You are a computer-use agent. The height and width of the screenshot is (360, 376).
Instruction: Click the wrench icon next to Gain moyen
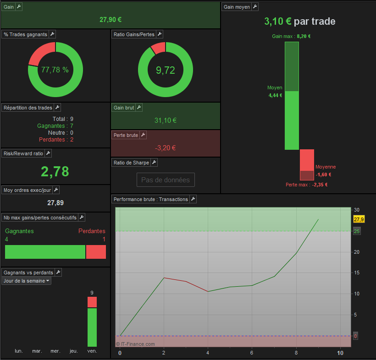click(255, 7)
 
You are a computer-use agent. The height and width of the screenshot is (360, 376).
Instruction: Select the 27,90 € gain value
click(111, 20)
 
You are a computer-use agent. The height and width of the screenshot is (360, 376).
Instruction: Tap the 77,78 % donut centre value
click(55, 70)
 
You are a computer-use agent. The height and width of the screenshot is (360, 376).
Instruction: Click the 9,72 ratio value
click(166, 70)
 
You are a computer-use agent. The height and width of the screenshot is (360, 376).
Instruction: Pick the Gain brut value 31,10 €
click(166, 120)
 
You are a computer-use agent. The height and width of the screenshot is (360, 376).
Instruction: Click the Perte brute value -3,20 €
click(165, 148)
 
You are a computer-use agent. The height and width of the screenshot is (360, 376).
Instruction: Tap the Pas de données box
click(166, 180)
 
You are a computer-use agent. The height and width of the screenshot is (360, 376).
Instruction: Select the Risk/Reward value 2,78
click(55, 171)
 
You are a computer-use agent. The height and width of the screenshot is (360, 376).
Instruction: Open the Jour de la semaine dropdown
click(27, 281)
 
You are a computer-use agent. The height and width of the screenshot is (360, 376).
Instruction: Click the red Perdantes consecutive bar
click(96, 252)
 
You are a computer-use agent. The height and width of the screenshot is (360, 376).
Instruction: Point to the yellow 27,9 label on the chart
click(359, 219)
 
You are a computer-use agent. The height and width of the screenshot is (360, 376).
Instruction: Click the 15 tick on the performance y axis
click(357, 273)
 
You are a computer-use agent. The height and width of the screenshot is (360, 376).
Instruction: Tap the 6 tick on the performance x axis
click(252, 353)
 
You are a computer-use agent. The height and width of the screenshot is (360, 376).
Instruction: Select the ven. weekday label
click(92, 351)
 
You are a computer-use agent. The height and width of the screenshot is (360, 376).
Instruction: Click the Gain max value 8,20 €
click(304, 36)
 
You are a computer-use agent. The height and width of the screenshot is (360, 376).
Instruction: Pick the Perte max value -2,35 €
click(320, 185)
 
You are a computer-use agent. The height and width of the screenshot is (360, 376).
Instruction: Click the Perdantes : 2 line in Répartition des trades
click(56, 139)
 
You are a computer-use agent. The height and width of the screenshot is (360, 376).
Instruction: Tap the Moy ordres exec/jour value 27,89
click(55, 203)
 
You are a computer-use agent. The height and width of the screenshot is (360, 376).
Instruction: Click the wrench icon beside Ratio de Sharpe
click(154, 163)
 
